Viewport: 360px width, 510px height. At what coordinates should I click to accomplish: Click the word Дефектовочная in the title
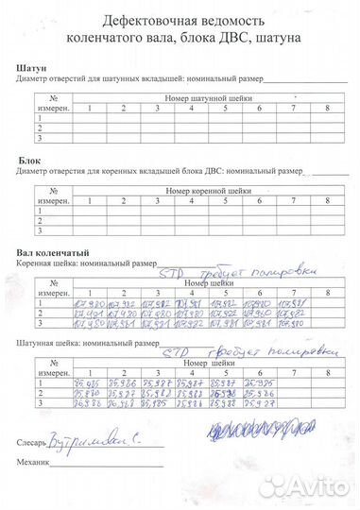coord(134,22)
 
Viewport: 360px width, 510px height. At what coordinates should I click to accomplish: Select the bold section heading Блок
coord(29,162)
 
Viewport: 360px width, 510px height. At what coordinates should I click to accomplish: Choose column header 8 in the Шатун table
coord(327,110)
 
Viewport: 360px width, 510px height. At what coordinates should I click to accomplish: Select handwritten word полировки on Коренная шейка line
coord(291,271)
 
